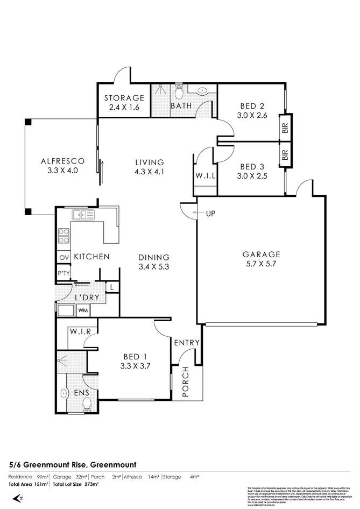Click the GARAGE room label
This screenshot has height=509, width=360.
(x=262, y=254)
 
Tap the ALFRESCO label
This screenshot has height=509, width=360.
(x=63, y=160)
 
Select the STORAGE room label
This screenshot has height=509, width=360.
(x=124, y=98)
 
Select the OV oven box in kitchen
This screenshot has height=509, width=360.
(x=63, y=258)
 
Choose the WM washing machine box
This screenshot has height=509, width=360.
(x=83, y=310)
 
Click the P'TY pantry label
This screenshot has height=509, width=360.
(x=63, y=274)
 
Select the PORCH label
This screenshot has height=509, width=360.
(x=186, y=382)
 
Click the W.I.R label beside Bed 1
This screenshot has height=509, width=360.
(x=79, y=331)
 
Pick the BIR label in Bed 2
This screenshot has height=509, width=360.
(x=284, y=128)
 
